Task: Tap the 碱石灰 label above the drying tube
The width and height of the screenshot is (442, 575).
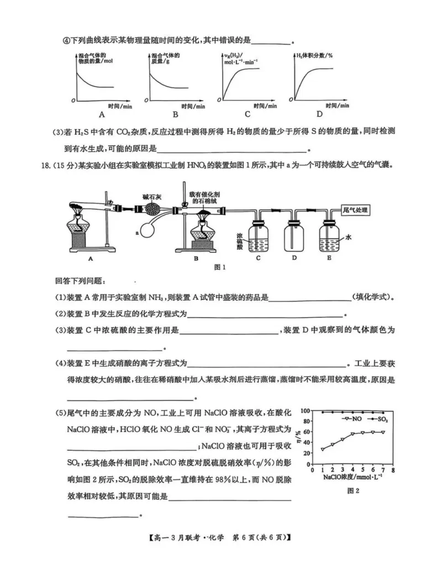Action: click(x=150, y=196)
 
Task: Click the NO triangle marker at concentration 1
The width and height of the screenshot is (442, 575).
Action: click(x=322, y=450)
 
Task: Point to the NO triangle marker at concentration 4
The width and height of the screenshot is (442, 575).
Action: click(x=352, y=434)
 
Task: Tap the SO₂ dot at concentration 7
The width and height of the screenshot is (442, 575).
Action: click(x=382, y=413)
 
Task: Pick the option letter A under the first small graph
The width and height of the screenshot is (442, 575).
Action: click(x=102, y=114)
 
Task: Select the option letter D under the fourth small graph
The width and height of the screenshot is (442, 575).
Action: click(x=319, y=114)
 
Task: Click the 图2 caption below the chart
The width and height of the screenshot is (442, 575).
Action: click(x=353, y=490)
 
